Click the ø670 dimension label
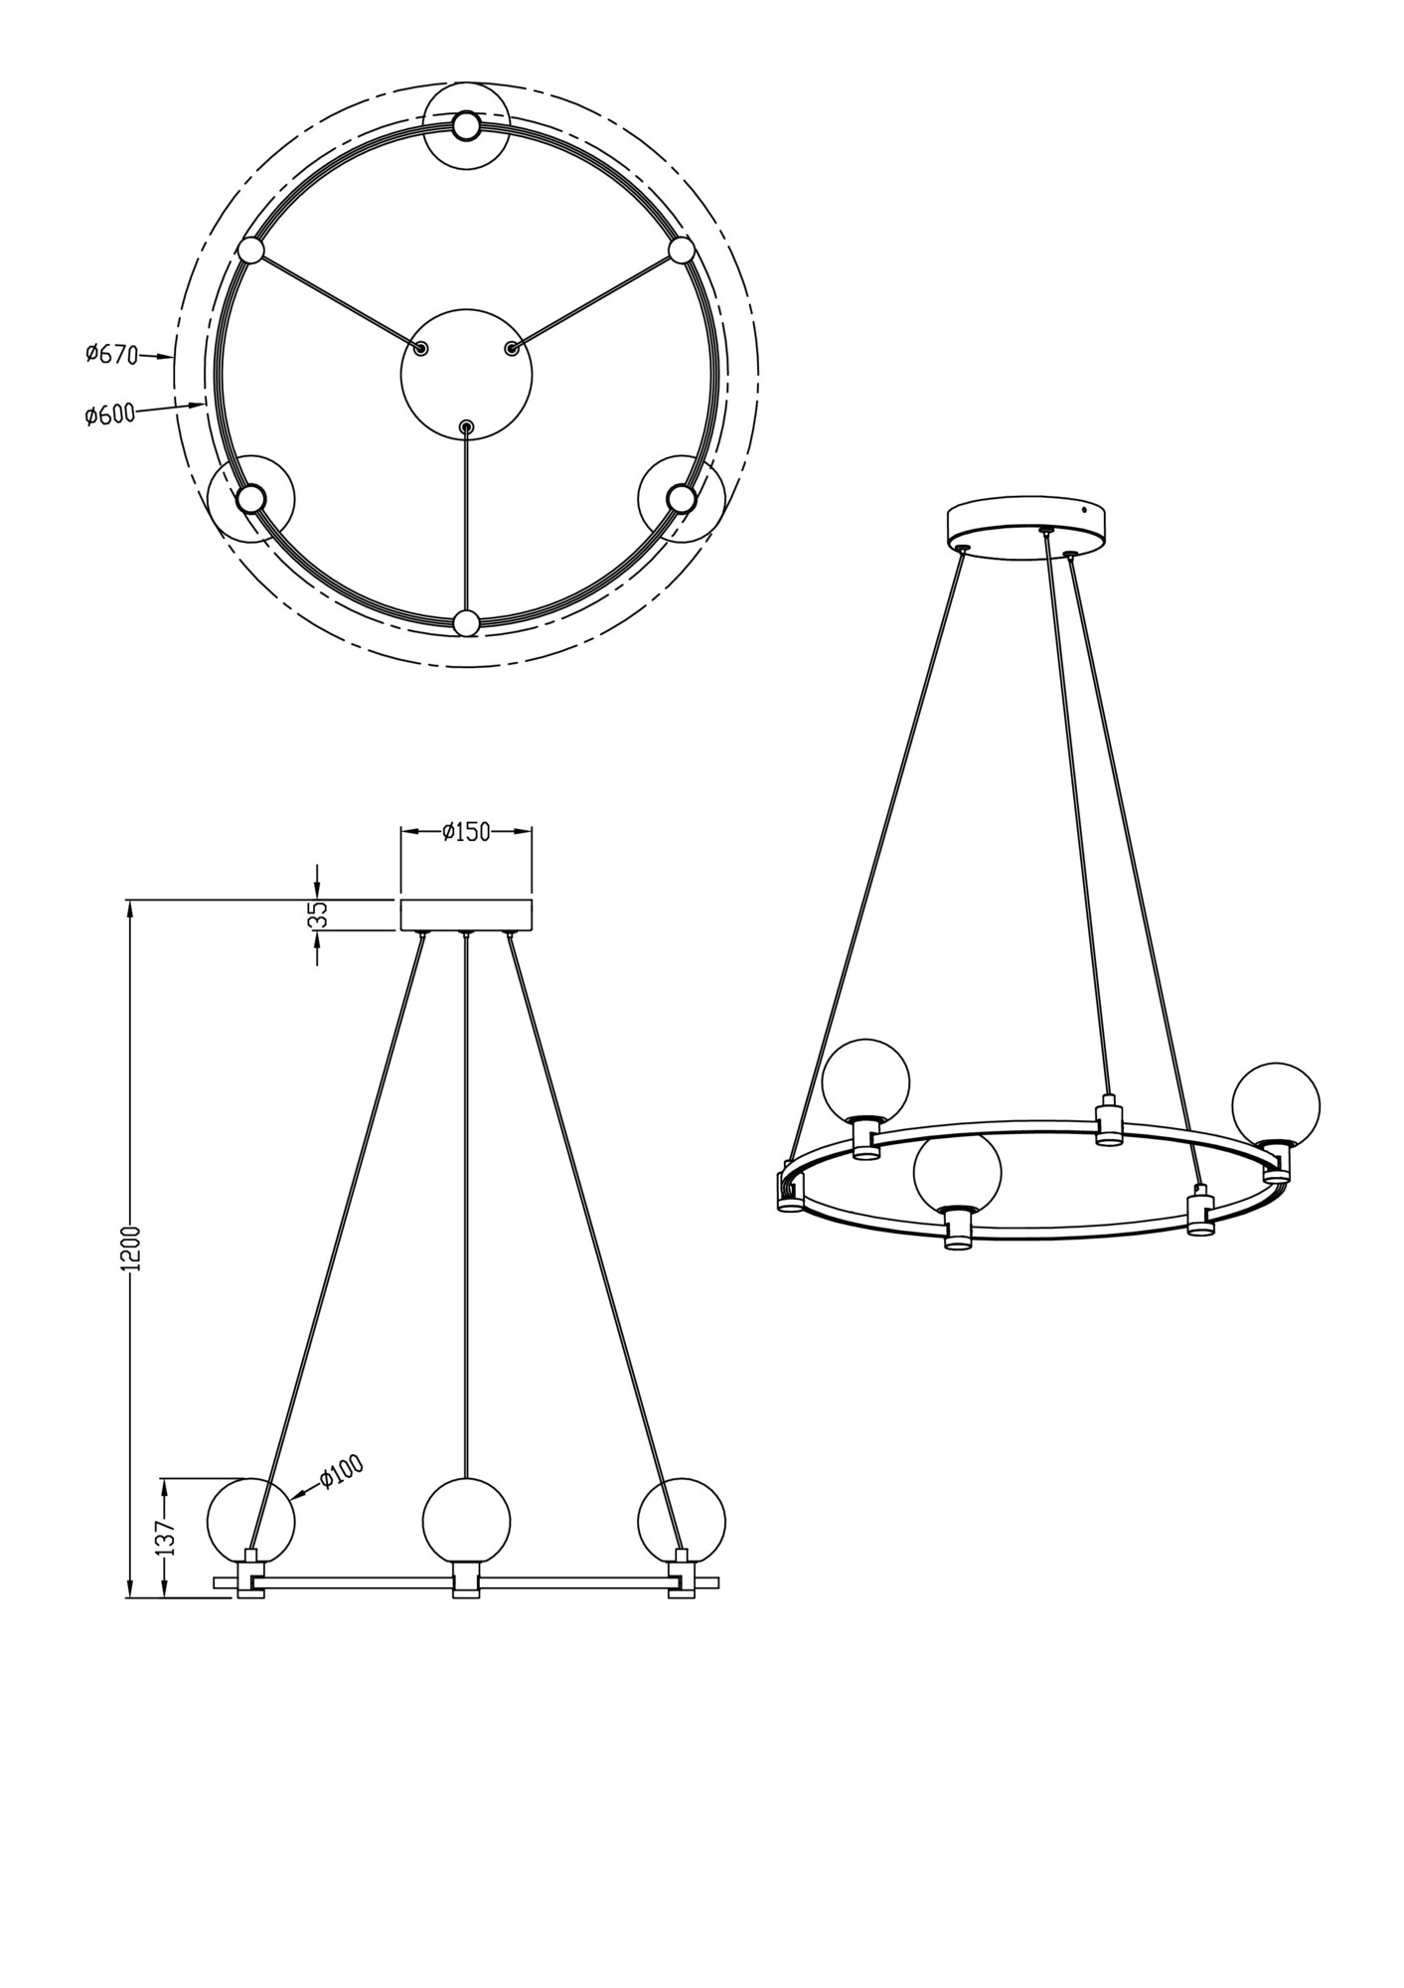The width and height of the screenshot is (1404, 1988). [x=111, y=354]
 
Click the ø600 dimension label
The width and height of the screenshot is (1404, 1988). [x=109, y=415]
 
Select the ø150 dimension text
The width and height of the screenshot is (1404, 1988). [x=466, y=832]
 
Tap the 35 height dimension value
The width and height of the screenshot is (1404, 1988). [x=318, y=914]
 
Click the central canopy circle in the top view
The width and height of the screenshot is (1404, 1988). [x=466, y=375]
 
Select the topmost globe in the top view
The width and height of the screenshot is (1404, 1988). [x=466, y=127]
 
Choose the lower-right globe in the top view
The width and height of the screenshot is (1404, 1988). [x=681, y=497]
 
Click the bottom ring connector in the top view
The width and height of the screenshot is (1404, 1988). [x=466, y=623]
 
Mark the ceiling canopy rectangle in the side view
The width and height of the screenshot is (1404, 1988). [x=466, y=914]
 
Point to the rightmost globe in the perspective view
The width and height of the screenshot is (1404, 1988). [x=1276, y=1105]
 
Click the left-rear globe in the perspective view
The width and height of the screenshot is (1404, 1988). [x=865, y=1081]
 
